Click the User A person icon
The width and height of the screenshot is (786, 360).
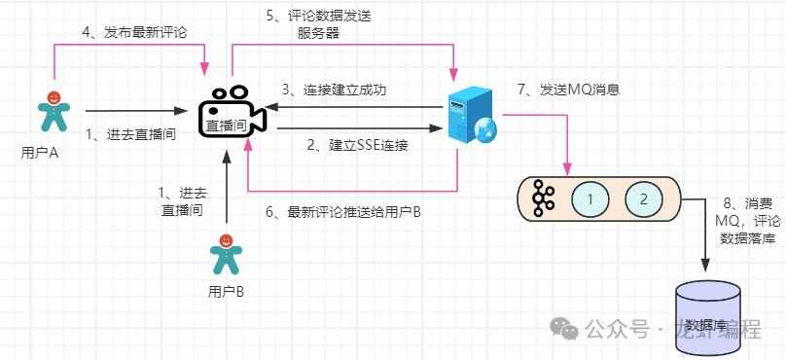tap(53, 112)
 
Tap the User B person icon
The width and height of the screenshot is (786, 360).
tap(226, 254)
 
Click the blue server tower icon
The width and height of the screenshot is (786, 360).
tap(468, 117)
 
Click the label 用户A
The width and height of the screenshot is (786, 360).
tap(40, 153)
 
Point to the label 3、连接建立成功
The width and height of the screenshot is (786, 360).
tap(334, 90)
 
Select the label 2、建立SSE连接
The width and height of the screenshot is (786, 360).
tap(356, 146)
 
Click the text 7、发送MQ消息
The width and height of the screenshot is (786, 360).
tap(569, 90)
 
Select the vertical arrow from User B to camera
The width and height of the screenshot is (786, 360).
tap(226, 185)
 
